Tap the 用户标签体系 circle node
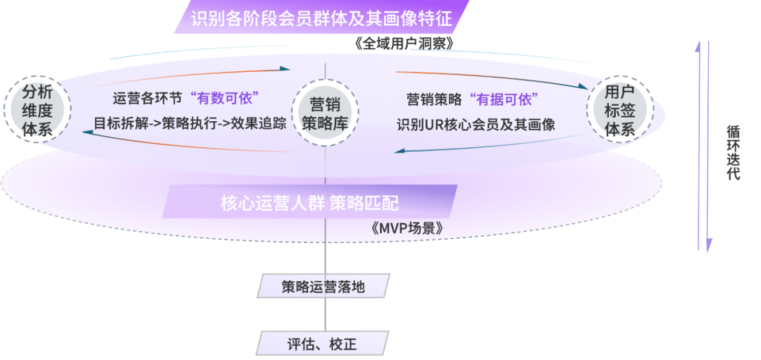619,111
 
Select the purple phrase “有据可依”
504,97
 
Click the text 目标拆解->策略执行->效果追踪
190,123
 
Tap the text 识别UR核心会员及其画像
476,125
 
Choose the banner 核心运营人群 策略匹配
309,204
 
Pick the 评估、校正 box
322,345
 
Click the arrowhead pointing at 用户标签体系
586,87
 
